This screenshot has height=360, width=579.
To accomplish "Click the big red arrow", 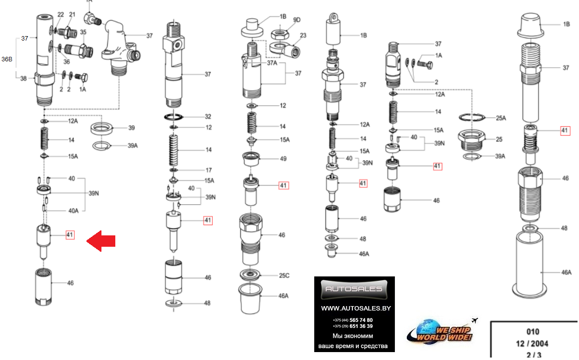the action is [101, 241].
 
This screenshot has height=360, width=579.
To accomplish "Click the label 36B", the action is [6, 59].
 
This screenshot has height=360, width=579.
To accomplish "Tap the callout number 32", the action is [208, 117].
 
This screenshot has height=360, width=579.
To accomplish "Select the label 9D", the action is [296, 20].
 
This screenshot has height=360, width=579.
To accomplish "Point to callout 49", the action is [283, 159].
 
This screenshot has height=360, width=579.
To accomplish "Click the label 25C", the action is [284, 275].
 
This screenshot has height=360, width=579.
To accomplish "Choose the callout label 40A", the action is [73, 211].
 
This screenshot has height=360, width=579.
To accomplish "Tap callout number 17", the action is [209, 170].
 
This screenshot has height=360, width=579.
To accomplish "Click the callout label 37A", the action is [272, 63].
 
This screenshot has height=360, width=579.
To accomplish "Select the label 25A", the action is [501, 118].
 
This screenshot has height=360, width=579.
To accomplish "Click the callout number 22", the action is [60, 14].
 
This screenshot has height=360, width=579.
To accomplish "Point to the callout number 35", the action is [83, 32].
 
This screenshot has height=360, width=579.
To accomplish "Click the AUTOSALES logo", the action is [354, 289].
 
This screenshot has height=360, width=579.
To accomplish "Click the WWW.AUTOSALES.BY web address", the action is [356, 309].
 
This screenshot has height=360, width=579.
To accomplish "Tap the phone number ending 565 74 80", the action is [353, 320].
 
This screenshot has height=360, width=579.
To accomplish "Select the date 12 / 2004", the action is [532, 344].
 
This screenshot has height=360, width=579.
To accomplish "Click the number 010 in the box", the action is [533, 332].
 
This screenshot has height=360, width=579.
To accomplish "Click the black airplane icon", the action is [475, 320].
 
